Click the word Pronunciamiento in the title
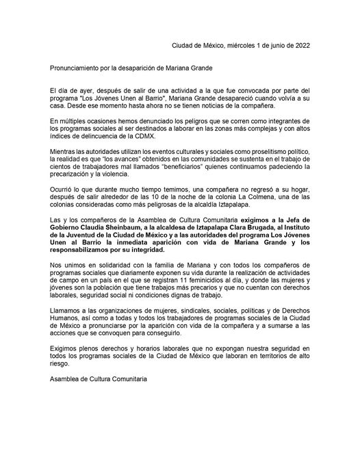(x=78, y=69)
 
